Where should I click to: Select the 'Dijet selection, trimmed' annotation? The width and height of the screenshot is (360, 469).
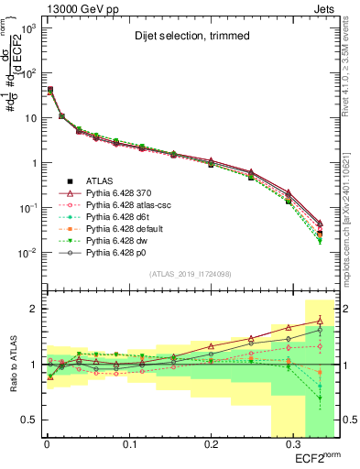183,36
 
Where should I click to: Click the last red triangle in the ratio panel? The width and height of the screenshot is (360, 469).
319,320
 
